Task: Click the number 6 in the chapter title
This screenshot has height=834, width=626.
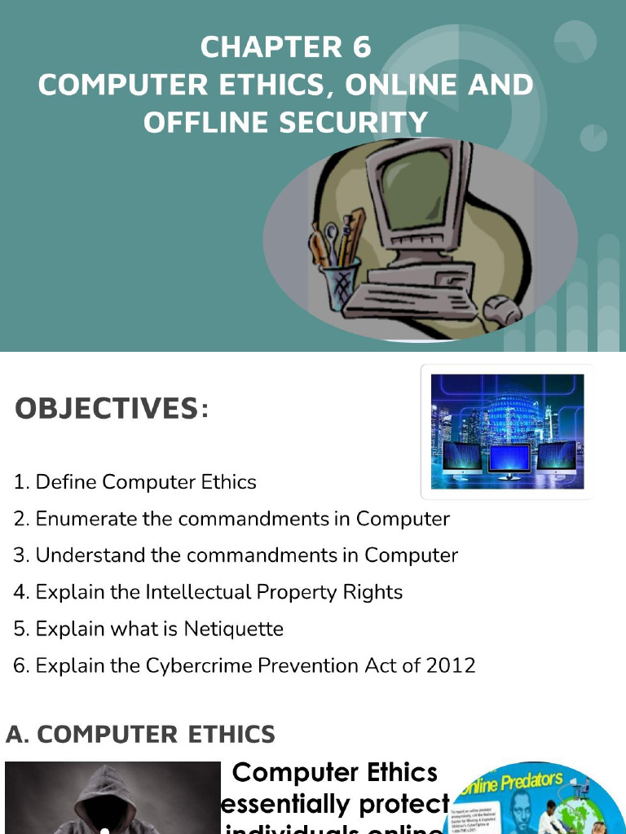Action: (x=362, y=47)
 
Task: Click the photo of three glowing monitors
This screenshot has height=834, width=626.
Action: (x=507, y=431)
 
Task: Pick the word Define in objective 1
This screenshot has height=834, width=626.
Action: (x=66, y=482)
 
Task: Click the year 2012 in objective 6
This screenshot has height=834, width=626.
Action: (x=451, y=665)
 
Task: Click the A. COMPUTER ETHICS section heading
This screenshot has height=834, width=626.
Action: (x=141, y=735)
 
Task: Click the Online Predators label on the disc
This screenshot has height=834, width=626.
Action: (x=509, y=784)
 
